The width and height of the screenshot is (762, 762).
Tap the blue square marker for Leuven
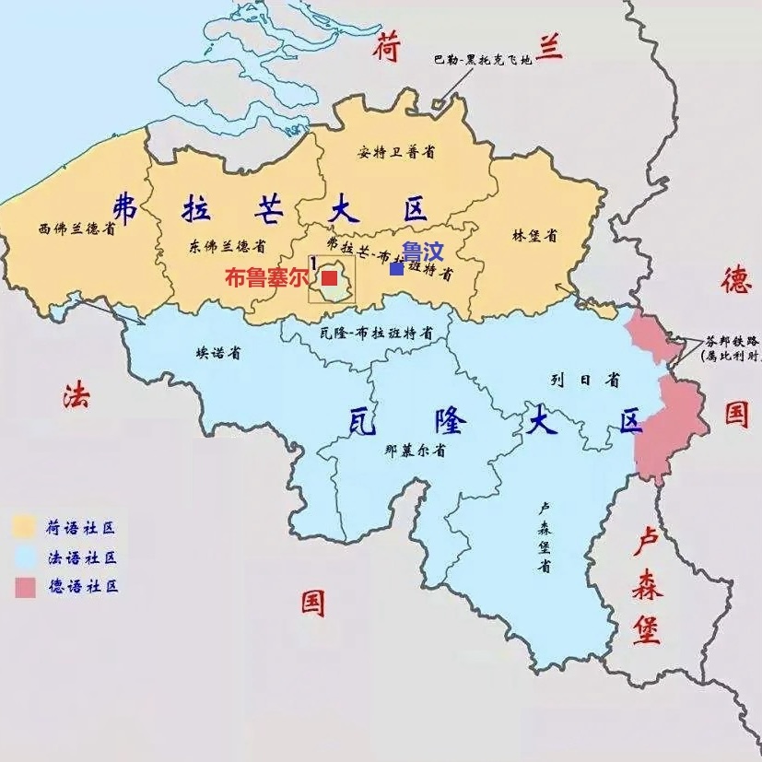click(x=396, y=269)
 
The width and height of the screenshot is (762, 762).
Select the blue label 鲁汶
click(x=421, y=251)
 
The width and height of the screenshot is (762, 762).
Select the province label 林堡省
click(x=534, y=235)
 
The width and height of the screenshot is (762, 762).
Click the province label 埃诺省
click(x=218, y=353)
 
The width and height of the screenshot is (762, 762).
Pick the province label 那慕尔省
click(x=416, y=451)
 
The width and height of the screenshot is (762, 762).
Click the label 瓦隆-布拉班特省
click(x=372, y=333)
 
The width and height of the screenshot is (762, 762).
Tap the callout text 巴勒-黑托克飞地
click(x=483, y=61)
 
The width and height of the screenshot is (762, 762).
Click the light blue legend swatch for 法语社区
click(x=25, y=557)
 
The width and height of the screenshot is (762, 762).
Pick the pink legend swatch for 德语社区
click(x=25, y=587)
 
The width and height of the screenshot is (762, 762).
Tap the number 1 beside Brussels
click(x=314, y=264)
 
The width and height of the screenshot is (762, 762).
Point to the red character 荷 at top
click(x=387, y=47)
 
